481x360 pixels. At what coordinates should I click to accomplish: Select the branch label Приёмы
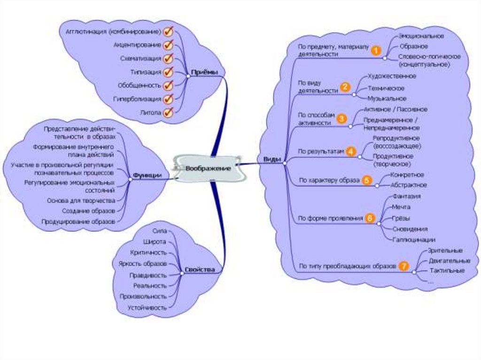click(205, 72)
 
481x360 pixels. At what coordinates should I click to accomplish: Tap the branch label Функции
click(147, 175)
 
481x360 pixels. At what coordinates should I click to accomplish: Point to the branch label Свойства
click(200, 270)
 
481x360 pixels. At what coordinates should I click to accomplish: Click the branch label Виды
click(272, 160)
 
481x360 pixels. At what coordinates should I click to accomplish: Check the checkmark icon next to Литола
click(168, 113)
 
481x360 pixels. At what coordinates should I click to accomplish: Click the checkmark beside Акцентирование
click(168, 45)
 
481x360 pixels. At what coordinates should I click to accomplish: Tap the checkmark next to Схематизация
click(168, 59)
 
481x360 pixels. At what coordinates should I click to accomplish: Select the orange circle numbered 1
click(375, 50)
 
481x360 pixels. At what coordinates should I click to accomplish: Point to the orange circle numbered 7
click(404, 266)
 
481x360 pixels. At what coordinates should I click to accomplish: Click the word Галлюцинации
click(413, 239)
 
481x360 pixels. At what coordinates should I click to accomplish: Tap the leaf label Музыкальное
click(387, 99)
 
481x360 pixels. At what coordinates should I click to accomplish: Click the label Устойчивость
click(147, 308)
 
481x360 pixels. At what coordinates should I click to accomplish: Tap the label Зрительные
click(445, 251)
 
